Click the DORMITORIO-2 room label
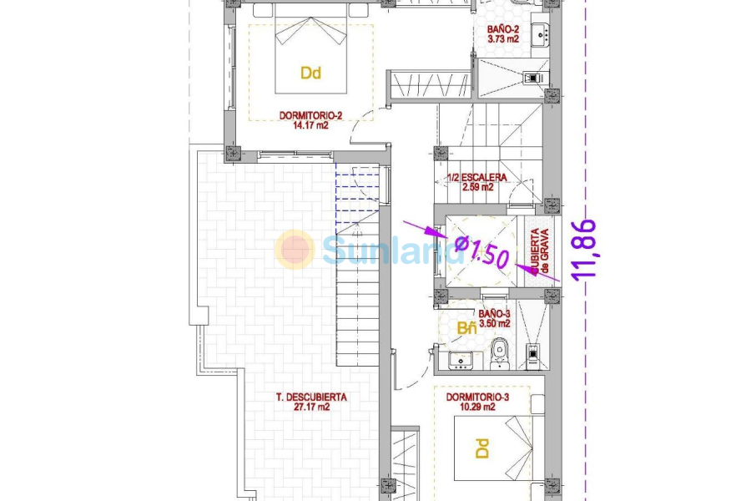pos(310,116)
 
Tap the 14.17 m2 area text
pos(310,126)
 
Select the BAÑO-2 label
pos(504,28)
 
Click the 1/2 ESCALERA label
pos(477,178)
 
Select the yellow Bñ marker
pos(466,328)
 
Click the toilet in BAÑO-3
pos(500,352)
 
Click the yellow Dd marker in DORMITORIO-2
pos(310,73)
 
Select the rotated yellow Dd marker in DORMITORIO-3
pos(481,449)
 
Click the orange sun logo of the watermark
pos(295,250)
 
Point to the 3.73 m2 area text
pos(504,38)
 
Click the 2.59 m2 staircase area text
pos(477,188)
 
